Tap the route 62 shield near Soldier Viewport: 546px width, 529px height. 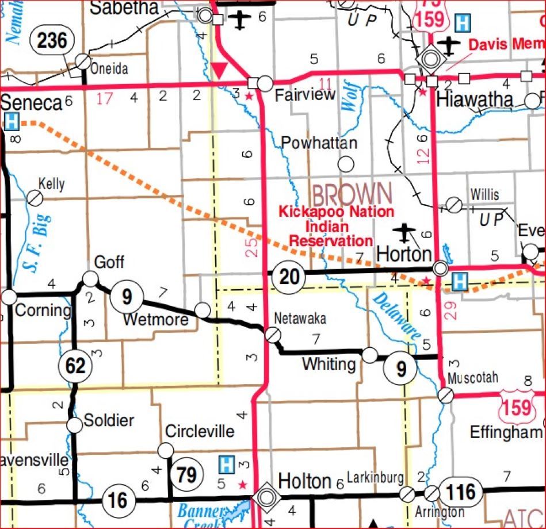[75, 366]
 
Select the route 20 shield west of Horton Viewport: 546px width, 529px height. [289, 277]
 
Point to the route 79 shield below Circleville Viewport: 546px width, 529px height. [187, 475]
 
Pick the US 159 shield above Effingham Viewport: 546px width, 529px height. [516, 407]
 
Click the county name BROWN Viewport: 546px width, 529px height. [352, 194]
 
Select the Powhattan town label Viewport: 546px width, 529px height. [319, 143]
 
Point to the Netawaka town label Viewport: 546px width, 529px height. [300, 318]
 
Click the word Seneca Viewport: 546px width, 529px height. [31, 103]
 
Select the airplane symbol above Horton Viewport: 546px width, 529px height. [404, 233]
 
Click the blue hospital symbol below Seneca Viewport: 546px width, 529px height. [10, 121]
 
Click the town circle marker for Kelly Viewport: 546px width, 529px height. [35, 198]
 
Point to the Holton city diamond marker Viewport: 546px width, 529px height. [266, 496]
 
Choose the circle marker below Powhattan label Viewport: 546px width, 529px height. [346, 164]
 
